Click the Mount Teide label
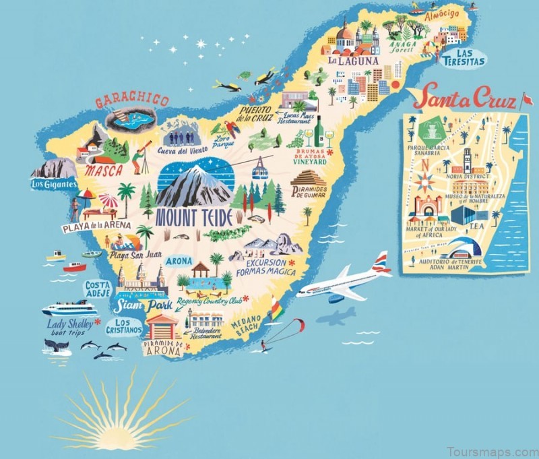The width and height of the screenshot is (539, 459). click(194, 217)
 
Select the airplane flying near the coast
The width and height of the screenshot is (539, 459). click(344, 281)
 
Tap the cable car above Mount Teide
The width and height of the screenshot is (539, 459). click(261, 169)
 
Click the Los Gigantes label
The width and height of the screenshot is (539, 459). click(54, 183)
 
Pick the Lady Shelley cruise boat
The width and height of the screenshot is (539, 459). click(69, 309)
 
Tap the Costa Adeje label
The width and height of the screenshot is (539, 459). click(98, 290)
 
